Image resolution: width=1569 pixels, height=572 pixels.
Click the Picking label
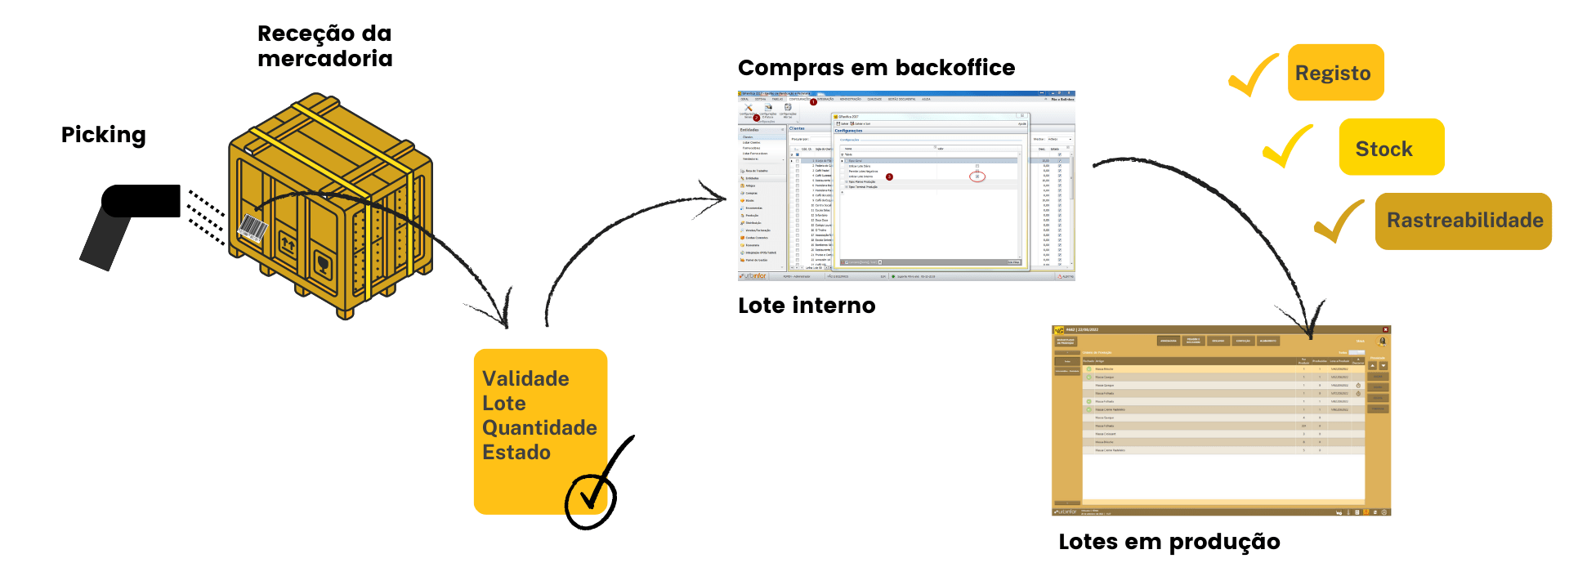pyautogui.click(x=104, y=135)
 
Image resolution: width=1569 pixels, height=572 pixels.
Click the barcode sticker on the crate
pyautogui.click(x=253, y=228)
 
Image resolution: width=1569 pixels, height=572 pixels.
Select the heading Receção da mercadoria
pyautogui.click(x=324, y=46)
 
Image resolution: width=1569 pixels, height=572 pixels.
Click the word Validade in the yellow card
pyautogui.click(x=525, y=379)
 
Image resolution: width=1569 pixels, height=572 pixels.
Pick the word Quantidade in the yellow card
pyautogui.click(x=539, y=428)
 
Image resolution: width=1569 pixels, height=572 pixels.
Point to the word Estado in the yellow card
pyautogui.click(x=516, y=453)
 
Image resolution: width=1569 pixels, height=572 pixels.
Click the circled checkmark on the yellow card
pyautogui.click(x=592, y=495)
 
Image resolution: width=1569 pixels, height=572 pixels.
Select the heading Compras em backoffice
pyautogui.click(x=876, y=68)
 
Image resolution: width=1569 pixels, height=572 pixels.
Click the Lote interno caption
pyautogui.click(x=807, y=306)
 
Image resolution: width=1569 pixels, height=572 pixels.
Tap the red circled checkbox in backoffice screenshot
pyautogui.click(x=977, y=177)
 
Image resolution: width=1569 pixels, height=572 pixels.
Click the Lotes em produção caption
pyautogui.click(x=1169, y=542)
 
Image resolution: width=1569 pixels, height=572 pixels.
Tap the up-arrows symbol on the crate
pyautogui.click(x=288, y=242)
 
